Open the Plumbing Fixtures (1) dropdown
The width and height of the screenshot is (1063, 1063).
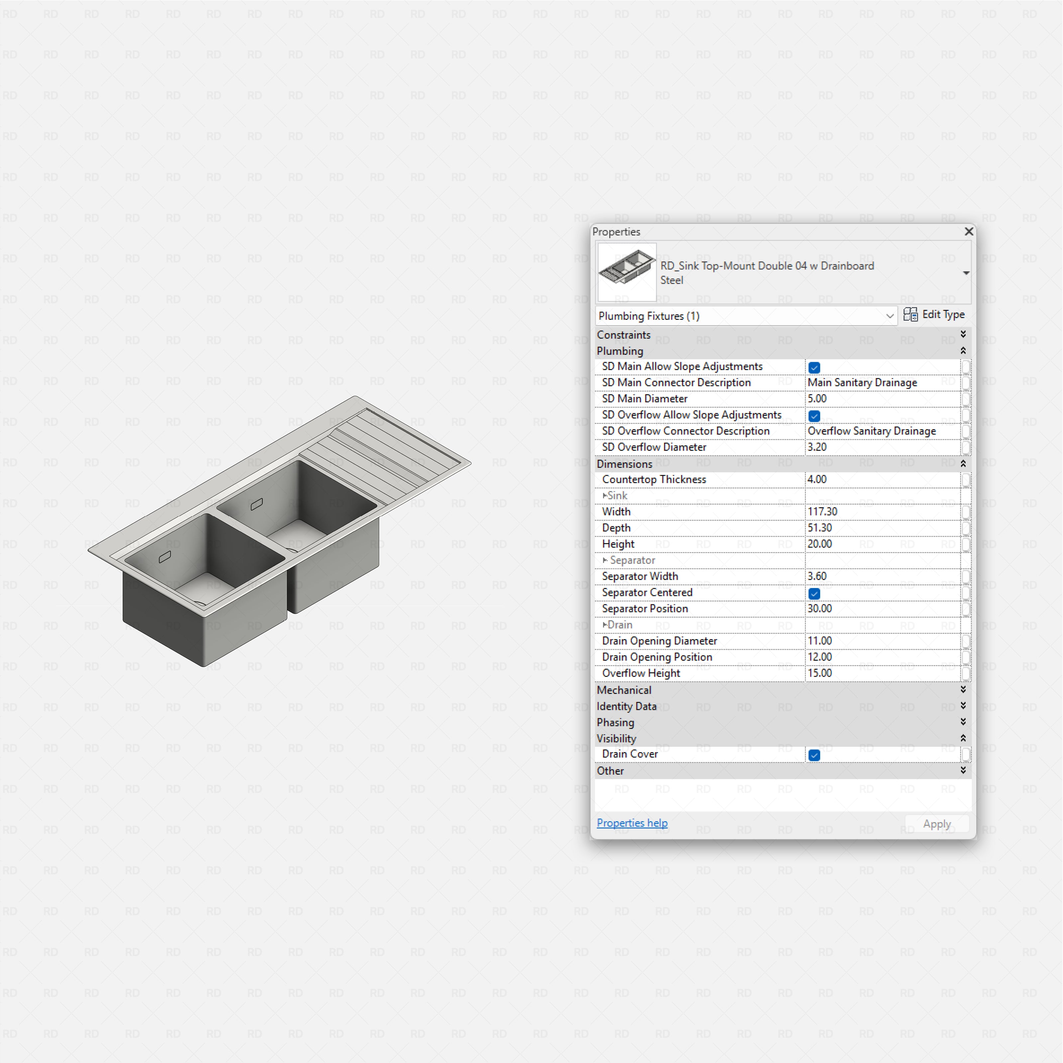click(889, 316)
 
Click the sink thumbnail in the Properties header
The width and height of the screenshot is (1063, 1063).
click(627, 272)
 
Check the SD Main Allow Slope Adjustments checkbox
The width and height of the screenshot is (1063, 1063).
click(814, 367)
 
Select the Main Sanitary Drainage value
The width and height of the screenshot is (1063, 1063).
click(862, 382)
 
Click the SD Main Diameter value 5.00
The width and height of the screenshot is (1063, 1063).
click(817, 398)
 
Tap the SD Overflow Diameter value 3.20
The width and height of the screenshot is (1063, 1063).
click(817, 447)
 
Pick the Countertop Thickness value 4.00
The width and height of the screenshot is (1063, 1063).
click(817, 479)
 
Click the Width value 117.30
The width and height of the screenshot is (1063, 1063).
click(822, 512)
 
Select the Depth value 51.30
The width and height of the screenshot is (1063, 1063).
click(820, 528)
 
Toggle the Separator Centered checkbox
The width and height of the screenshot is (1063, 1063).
click(814, 594)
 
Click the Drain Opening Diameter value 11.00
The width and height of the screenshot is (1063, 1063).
click(820, 641)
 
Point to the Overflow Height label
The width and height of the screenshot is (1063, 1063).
click(641, 673)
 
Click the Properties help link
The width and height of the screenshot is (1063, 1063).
click(632, 823)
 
